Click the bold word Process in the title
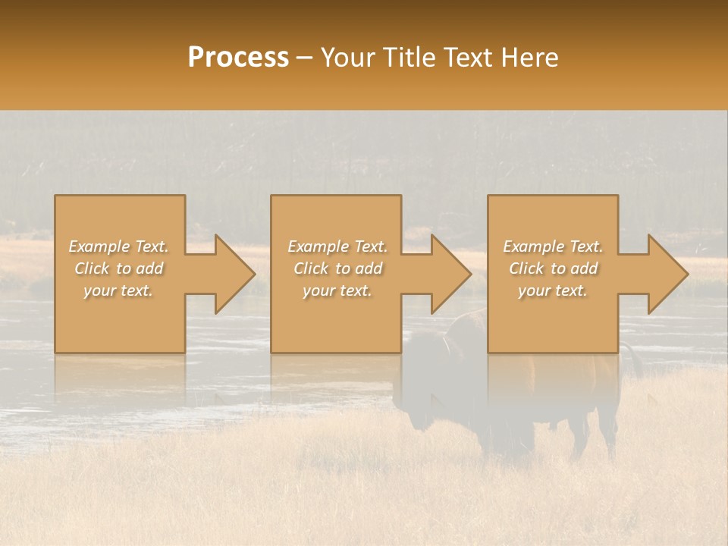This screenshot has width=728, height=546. pyautogui.click(x=238, y=58)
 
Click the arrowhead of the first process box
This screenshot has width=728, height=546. pyautogui.click(x=235, y=274)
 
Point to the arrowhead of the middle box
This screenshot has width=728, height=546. pyautogui.click(x=451, y=274)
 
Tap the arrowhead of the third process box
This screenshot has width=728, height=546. pyautogui.click(x=668, y=274)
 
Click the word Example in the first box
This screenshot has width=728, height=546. pyautogui.click(x=99, y=246)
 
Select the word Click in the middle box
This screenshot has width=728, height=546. pyautogui.click(x=311, y=268)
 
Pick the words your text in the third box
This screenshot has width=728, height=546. pyautogui.click(x=553, y=290)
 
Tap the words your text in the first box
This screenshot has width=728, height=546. pyautogui.click(x=118, y=290)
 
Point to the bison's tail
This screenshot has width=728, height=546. pyautogui.click(x=634, y=360)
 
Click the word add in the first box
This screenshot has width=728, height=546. pyautogui.click(x=150, y=268)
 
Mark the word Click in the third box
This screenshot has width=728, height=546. pyautogui.click(x=526, y=268)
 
